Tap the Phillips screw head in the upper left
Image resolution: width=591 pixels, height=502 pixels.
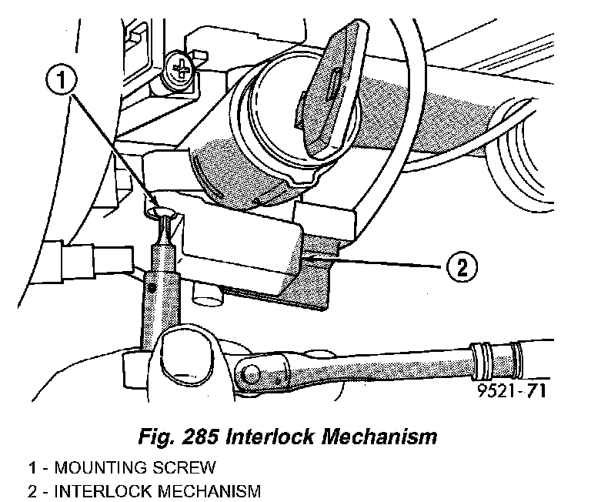(180, 72)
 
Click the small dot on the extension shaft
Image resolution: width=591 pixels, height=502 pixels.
(154, 286)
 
